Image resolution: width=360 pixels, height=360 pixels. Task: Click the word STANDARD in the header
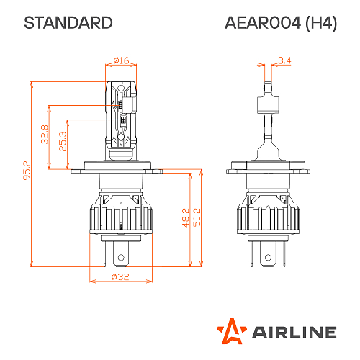click(68, 23)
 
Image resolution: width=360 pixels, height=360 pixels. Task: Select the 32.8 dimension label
click(45, 135)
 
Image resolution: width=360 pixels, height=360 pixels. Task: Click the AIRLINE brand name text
click(294, 332)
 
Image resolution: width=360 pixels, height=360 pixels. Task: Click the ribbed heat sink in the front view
click(121, 215)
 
